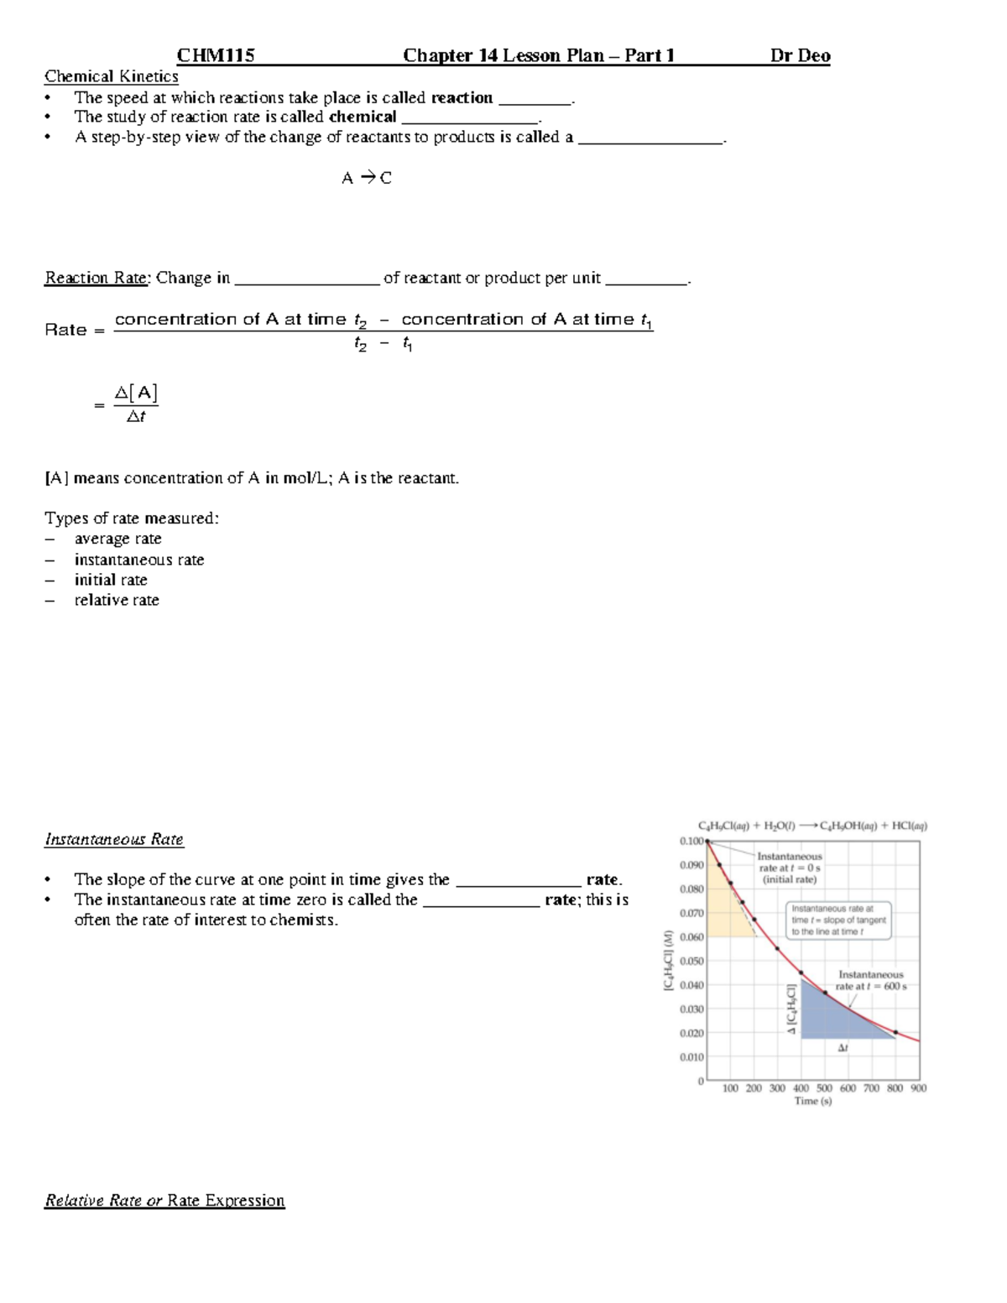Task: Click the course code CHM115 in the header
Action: tap(216, 56)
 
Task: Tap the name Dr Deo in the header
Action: tap(800, 56)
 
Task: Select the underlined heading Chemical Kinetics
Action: tap(112, 76)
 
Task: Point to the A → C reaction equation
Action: tap(366, 178)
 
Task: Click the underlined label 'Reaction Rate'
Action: tap(97, 278)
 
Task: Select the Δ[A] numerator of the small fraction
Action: tap(136, 393)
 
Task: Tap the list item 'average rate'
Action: tap(117, 539)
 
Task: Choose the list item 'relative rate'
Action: tap(117, 600)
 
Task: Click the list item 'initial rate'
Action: tap(111, 580)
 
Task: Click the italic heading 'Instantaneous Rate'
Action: tap(114, 839)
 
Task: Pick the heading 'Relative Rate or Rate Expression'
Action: tap(164, 1201)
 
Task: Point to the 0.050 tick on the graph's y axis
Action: tap(691, 962)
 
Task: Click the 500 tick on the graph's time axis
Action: tap(824, 1088)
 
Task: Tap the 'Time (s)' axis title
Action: tap(812, 1101)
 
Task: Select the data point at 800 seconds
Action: tap(895, 1032)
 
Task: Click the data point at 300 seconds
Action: tap(777, 949)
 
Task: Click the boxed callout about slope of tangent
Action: tap(838, 920)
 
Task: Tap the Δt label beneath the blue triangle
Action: tap(843, 1048)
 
